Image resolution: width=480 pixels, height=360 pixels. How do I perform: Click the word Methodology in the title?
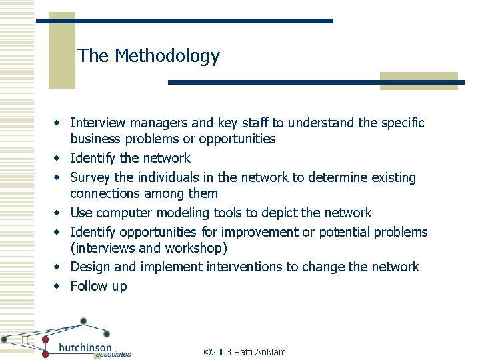167,56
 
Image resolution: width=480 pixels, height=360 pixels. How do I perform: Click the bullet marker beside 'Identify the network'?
57,159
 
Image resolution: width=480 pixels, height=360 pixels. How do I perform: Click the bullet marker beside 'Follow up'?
57,287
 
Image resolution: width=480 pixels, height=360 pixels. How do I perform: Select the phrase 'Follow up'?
98,287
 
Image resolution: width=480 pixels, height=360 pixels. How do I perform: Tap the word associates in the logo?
113,355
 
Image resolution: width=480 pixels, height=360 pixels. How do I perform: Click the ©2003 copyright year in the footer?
217,352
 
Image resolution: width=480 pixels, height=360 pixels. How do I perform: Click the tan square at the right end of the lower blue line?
419,81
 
